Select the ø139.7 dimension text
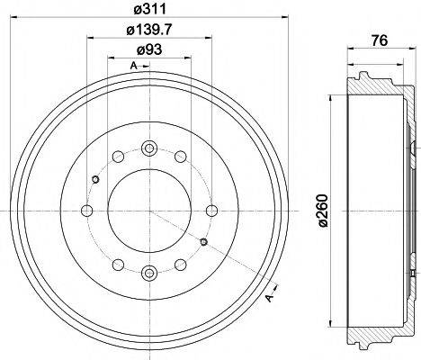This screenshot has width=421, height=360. pos(149,33)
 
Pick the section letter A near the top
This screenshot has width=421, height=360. pos(132,67)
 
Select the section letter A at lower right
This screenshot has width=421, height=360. pos(267,298)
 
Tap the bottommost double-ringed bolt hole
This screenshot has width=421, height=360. pos(149,273)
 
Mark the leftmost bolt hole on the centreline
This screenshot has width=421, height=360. pos(86,211)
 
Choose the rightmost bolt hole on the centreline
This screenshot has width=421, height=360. pos(212,211)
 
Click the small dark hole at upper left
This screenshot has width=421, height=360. pos(94,178)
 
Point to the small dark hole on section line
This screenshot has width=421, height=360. pos(204,243)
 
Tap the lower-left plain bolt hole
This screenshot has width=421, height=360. pos(118,265)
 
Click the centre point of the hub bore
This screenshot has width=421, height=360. pos(149,211)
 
